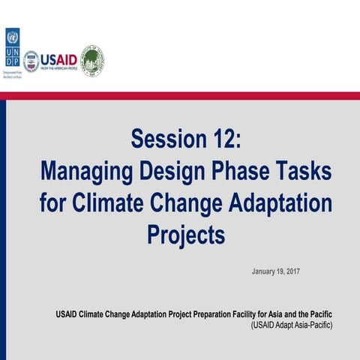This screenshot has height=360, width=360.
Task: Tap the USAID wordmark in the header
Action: (x=58, y=58)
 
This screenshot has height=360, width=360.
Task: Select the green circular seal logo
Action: (x=92, y=60)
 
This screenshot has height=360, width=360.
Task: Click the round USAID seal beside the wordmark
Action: (x=31, y=61)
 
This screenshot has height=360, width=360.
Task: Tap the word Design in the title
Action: (x=170, y=172)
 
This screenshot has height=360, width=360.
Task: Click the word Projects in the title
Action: (x=186, y=235)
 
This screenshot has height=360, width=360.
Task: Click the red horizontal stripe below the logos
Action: (x=180, y=95)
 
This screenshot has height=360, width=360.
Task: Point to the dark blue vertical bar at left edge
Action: (x=3, y=225)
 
